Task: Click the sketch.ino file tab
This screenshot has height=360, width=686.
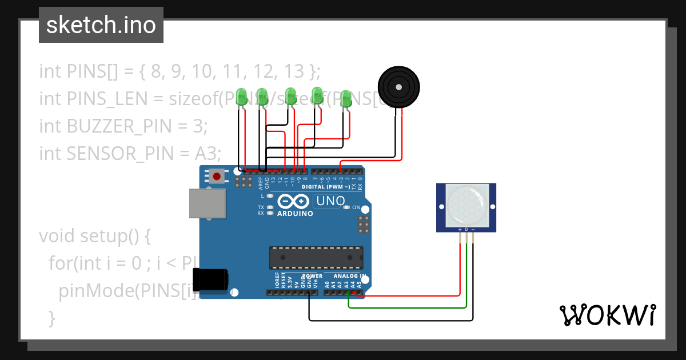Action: [101, 25]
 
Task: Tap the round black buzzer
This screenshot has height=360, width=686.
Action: [399, 87]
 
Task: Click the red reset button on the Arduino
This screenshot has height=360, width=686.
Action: [217, 176]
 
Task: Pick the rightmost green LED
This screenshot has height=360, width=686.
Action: [346, 98]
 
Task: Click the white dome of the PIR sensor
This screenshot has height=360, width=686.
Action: [466, 204]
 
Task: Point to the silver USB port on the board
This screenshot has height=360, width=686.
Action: [207, 203]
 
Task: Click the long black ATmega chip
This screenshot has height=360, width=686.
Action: [316, 258]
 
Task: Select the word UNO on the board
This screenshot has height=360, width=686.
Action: [330, 201]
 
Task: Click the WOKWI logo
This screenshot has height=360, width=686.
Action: [607, 315]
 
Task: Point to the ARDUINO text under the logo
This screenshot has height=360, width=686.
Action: [295, 214]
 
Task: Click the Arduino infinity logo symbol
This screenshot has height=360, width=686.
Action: [294, 202]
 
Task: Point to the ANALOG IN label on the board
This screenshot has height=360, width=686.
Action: [350, 276]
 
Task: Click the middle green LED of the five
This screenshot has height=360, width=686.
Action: [290, 96]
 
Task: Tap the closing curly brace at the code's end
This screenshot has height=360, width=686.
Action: [53, 317]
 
